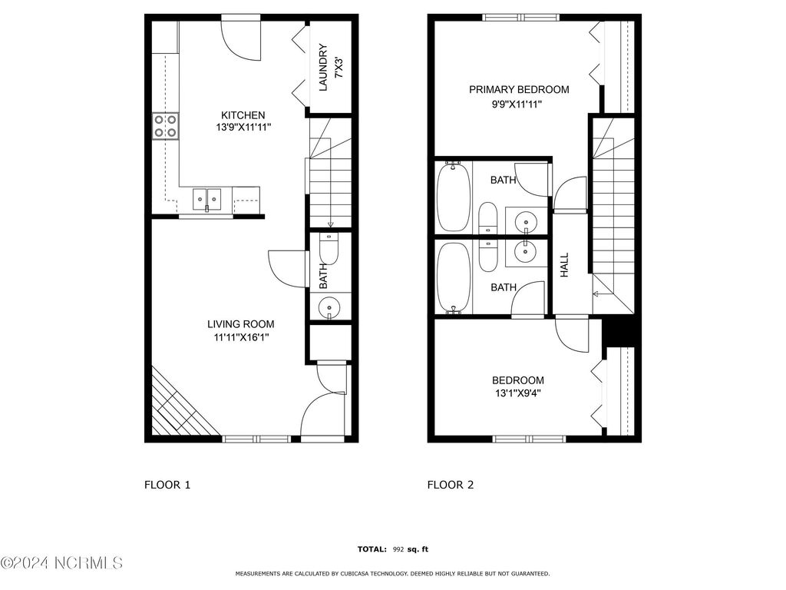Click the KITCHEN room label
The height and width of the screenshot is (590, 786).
[240, 116]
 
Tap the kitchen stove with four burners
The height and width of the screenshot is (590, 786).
[165, 125]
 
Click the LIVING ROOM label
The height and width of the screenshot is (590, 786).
[240, 324]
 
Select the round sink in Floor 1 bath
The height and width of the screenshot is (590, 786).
[329, 307]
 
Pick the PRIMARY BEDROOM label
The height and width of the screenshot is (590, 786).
[519, 90]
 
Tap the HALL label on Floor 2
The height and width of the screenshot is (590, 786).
[565, 266]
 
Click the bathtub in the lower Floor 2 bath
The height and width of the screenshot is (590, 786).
[452, 277]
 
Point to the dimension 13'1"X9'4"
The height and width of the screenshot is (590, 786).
[518, 394]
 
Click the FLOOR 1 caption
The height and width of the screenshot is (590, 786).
[167, 485]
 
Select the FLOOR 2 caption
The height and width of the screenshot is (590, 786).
[451, 485]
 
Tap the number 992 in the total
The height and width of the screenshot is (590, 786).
[399, 549]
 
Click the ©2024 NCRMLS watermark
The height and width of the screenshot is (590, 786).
[61, 564]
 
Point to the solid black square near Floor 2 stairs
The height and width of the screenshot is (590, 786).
[620, 332]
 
